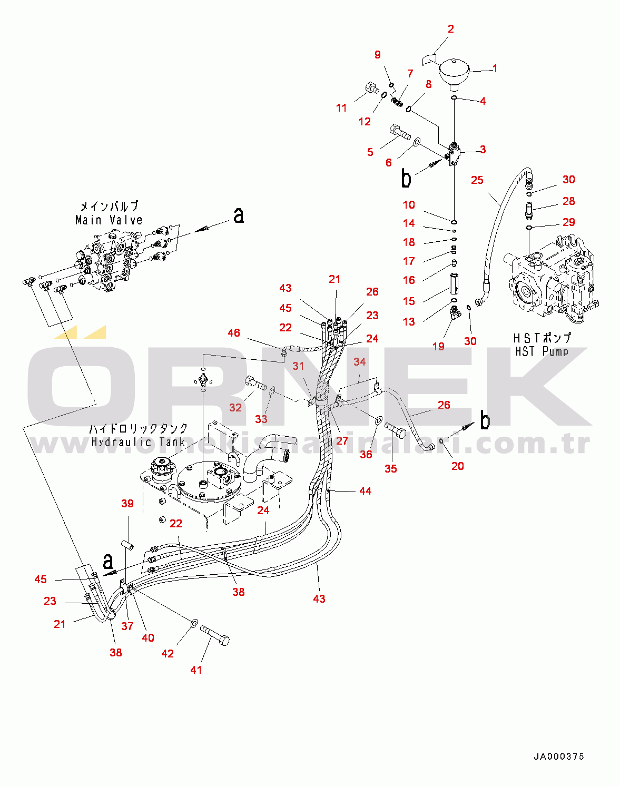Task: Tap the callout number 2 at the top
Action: tap(450, 29)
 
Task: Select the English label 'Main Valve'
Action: tap(109, 220)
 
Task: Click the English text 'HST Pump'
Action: tap(542, 351)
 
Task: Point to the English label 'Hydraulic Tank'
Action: tap(139, 442)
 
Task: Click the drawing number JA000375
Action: tap(559, 756)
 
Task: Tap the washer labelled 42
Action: tap(193, 623)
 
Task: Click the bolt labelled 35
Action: tap(396, 430)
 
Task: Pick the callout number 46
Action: tap(234, 333)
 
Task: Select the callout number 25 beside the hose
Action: tap(477, 180)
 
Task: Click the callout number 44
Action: tap(366, 491)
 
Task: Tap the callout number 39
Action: tap(127, 504)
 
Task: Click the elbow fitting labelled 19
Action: tap(455, 313)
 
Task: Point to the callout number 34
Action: tap(359, 362)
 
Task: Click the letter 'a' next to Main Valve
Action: tap(239, 215)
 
